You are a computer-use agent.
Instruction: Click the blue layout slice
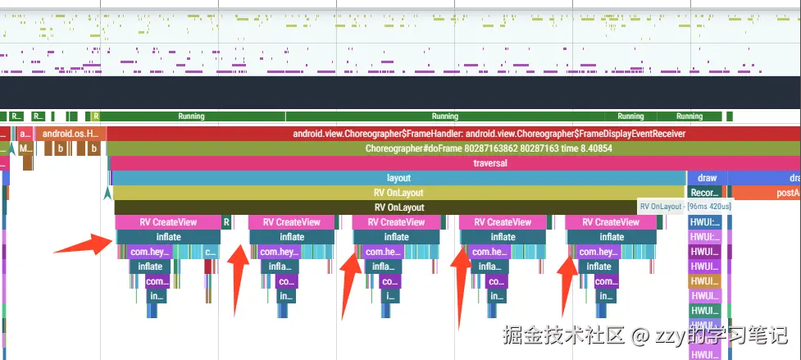tap(398, 178)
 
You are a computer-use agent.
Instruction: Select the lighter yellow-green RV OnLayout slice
tap(398, 193)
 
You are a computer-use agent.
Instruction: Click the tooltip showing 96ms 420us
tap(685, 207)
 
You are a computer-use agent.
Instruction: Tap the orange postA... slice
tap(767, 193)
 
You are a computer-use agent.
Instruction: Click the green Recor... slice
tap(705, 193)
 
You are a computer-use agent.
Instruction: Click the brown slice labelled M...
tap(25, 148)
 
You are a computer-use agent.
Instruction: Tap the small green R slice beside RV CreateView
tap(227, 222)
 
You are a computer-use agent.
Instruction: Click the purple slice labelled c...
tap(211, 252)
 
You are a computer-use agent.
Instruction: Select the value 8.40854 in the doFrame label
tap(591, 148)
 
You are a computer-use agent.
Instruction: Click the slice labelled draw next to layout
tap(706, 178)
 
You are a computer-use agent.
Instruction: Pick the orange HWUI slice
tap(705, 281)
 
